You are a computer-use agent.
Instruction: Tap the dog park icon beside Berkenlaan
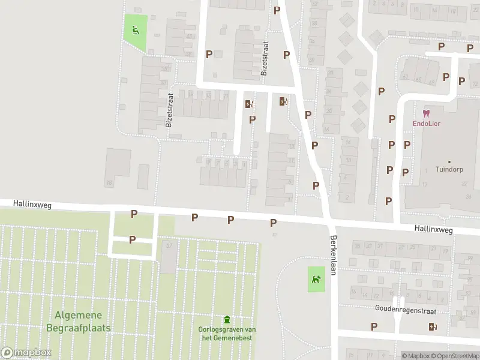pos(316,278)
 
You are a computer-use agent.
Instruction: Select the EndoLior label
pos(426,124)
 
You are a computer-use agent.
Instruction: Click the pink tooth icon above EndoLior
pos(426,113)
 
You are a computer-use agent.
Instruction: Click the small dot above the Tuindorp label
pos(449,161)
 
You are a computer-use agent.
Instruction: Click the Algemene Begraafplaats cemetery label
pos(78,322)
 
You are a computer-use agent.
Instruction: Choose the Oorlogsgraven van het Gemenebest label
pos(227,334)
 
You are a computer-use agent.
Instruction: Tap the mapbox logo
pos(26,352)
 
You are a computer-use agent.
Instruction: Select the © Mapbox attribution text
pos(416,356)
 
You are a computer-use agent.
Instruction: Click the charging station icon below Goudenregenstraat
pos(433,327)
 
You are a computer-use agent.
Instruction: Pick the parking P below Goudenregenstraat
pos(374,326)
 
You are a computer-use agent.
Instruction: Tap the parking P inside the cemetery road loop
pos(132,239)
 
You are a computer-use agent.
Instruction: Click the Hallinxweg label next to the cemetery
pos(32,205)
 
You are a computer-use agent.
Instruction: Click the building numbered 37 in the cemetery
pos(169,246)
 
